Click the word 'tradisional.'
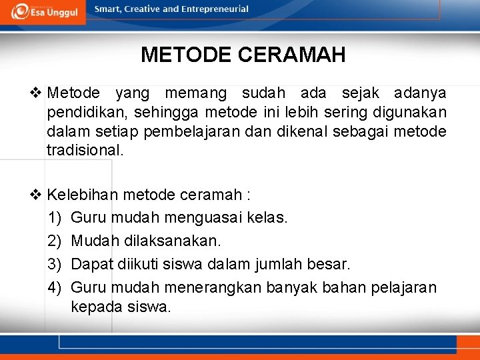tap(85, 151)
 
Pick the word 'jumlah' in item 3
tap(279, 264)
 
